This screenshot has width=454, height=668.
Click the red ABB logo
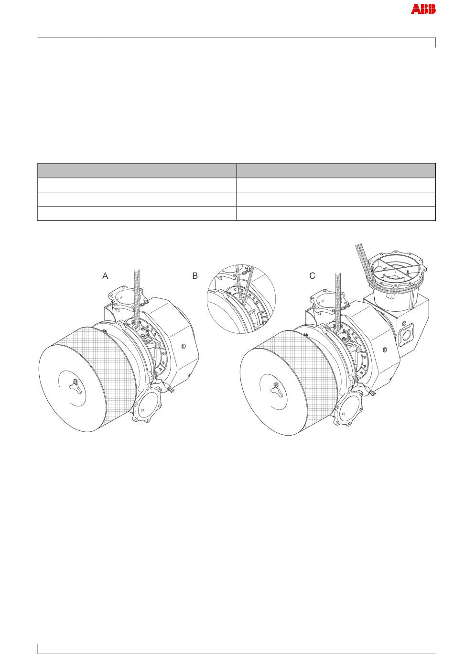pyautogui.click(x=423, y=9)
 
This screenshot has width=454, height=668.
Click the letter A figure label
pyautogui.click(x=105, y=276)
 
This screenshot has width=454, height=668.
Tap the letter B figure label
pyautogui.click(x=195, y=276)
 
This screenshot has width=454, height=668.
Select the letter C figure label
pyautogui.click(x=312, y=276)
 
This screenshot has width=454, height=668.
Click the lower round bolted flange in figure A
pyautogui.click(x=147, y=405)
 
